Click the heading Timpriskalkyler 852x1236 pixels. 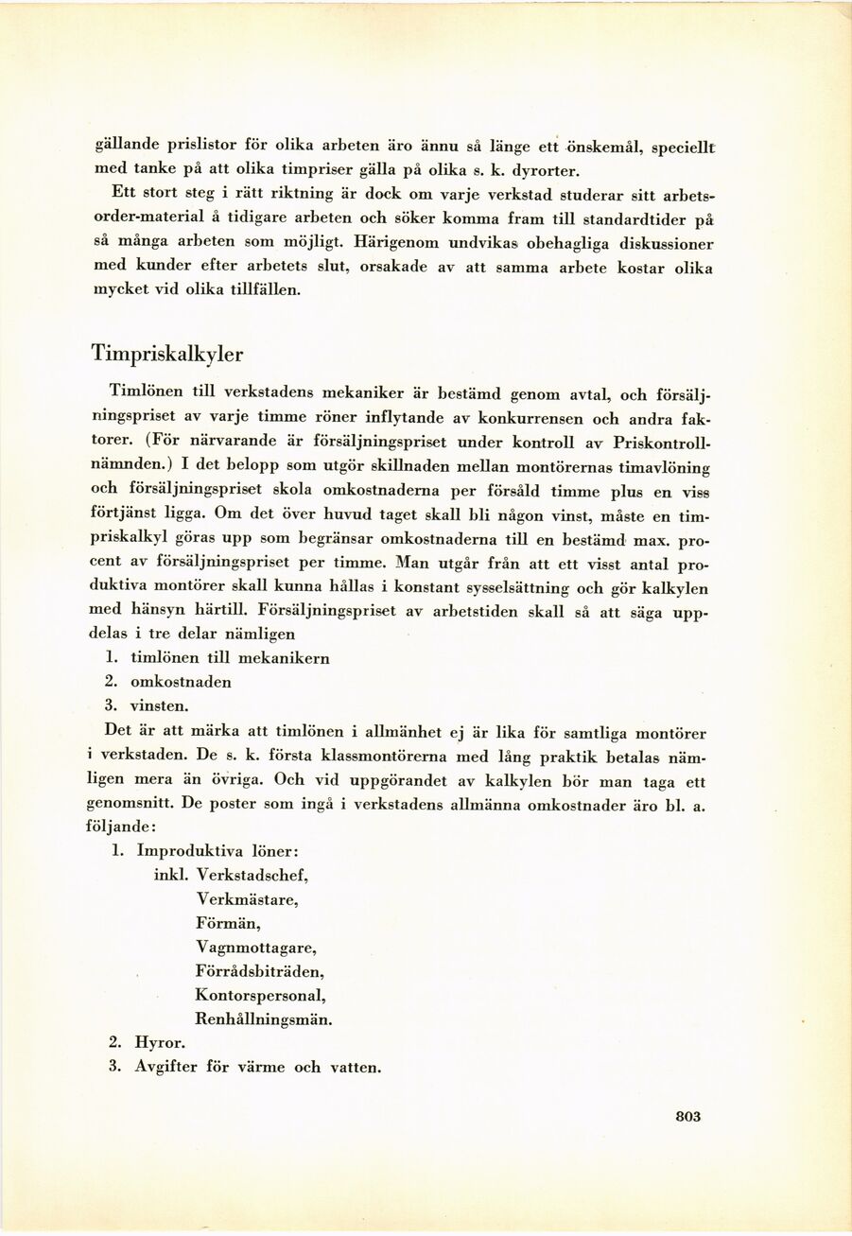click(x=166, y=354)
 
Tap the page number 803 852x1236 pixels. click(x=688, y=1116)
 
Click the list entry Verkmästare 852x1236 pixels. click(x=247, y=899)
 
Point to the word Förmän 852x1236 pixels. click(x=228, y=923)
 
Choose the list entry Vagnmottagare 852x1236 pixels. click(x=255, y=948)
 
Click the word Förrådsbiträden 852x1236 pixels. click(x=260, y=971)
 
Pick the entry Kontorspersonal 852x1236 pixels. click(x=260, y=996)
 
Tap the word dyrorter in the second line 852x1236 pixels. click(x=542, y=171)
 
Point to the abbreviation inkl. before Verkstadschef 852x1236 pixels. click(x=171, y=875)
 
